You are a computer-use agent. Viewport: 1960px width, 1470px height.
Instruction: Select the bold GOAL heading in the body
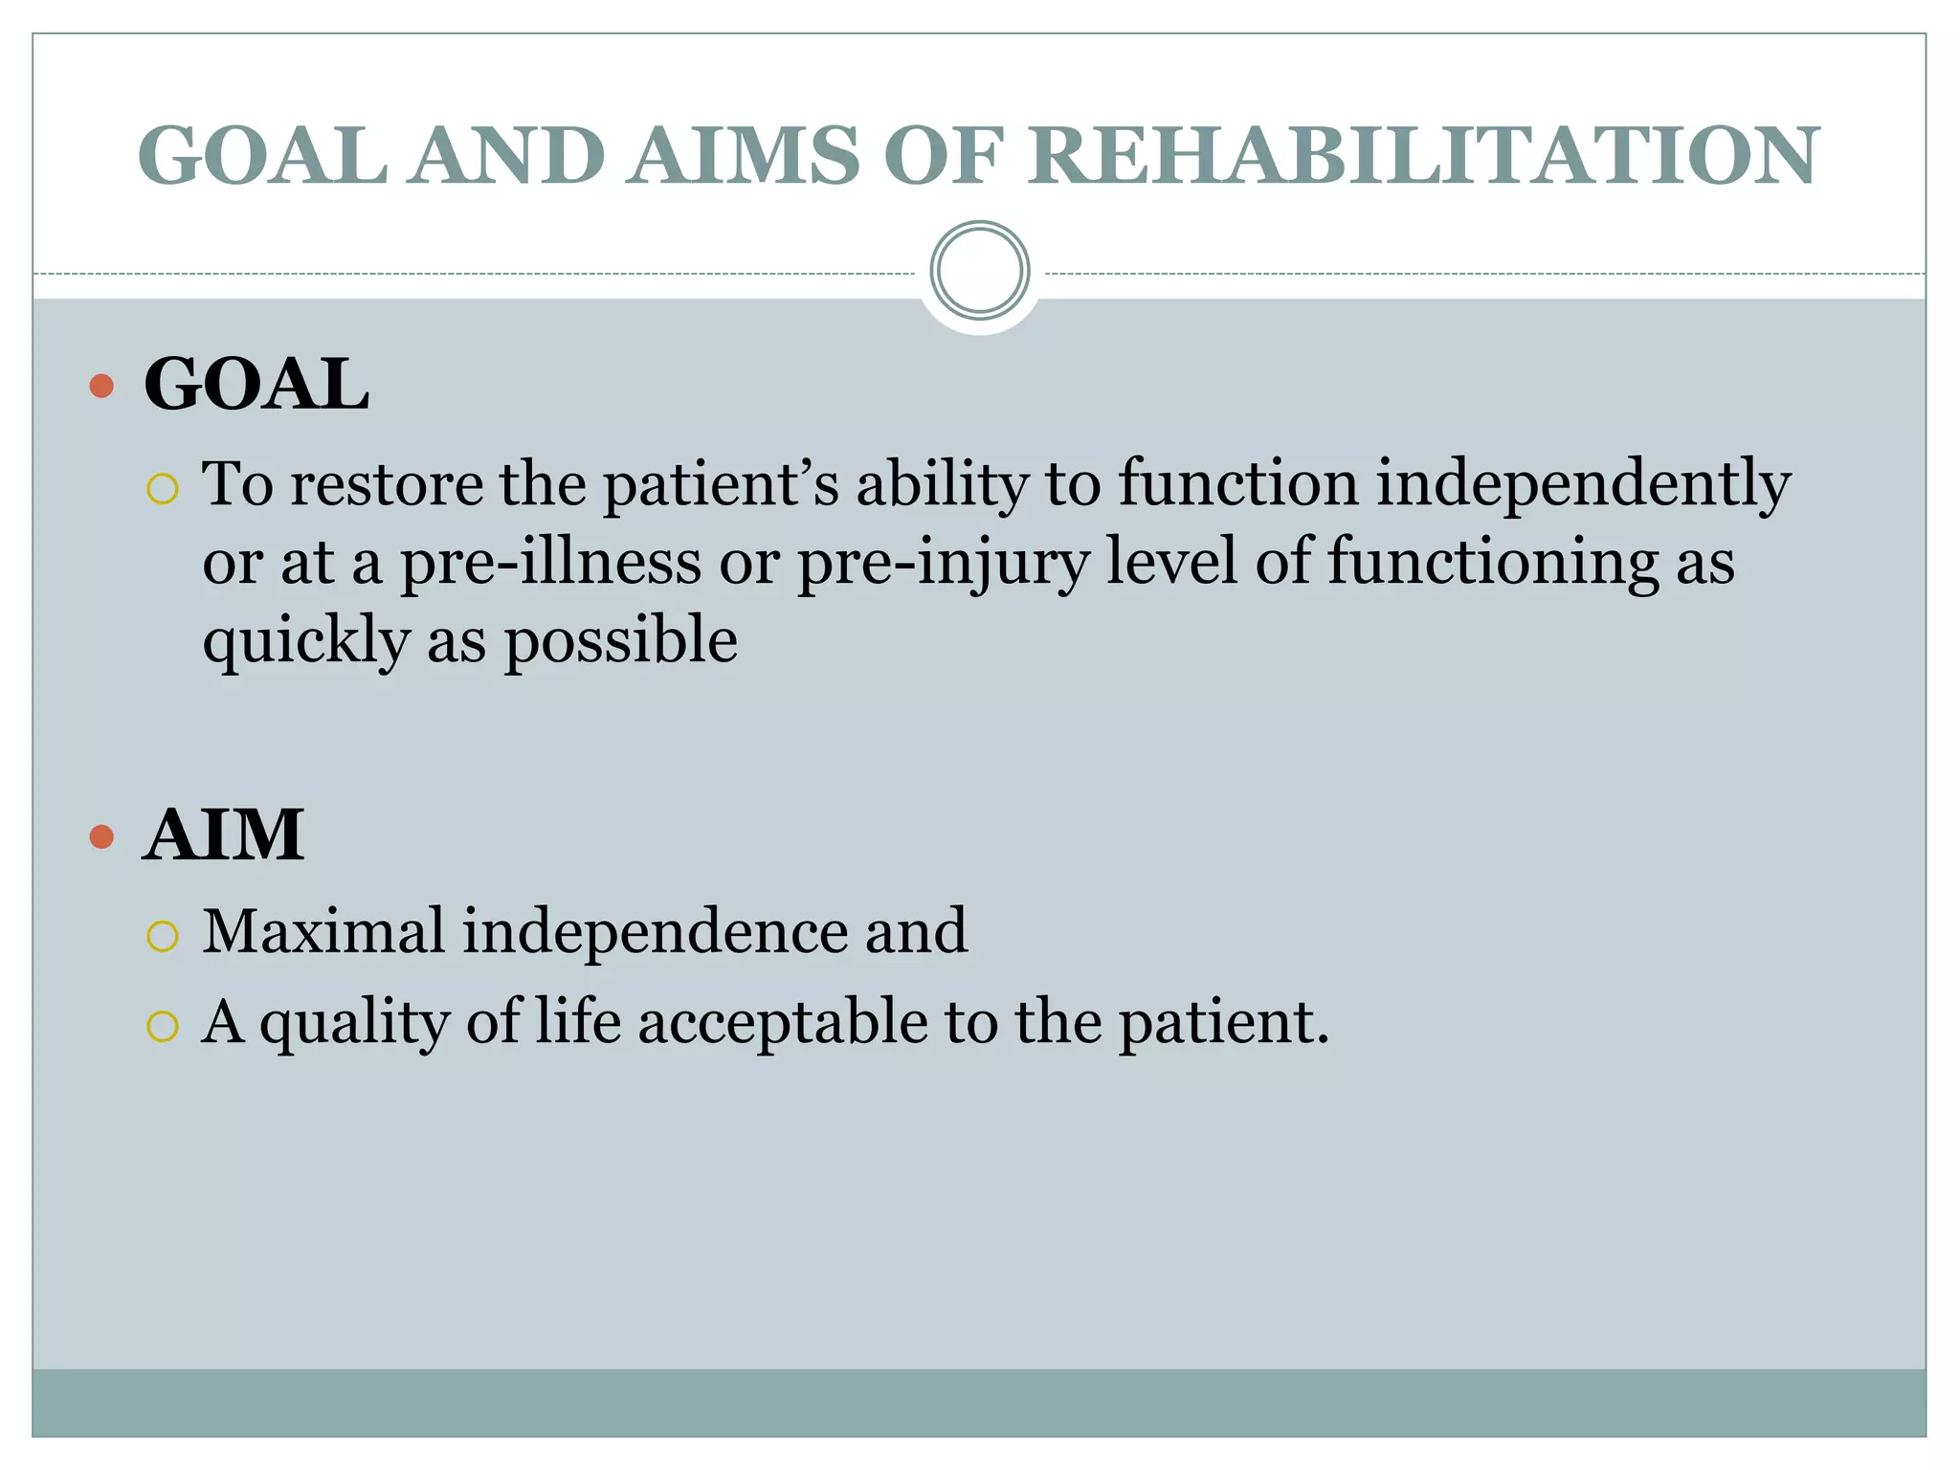tap(256, 385)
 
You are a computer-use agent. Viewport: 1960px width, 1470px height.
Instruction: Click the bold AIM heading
tap(223, 835)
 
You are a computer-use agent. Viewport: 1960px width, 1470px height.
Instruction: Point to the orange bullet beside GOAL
tap(101, 387)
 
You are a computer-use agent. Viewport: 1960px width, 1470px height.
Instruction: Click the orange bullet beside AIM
tap(101, 837)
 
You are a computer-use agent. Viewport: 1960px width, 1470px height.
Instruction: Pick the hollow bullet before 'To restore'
tap(163, 489)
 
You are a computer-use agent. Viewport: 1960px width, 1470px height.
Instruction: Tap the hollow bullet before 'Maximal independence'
tap(163, 936)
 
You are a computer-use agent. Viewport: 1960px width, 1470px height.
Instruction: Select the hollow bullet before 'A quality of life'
tap(163, 1027)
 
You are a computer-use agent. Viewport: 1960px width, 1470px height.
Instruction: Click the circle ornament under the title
tap(979, 271)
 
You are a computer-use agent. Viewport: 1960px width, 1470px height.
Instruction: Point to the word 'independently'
tap(1583, 484)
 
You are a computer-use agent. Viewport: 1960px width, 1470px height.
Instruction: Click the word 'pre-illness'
tap(550, 563)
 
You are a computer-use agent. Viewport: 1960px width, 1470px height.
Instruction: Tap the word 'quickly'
tap(305, 642)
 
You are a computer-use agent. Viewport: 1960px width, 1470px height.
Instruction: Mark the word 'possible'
tap(620, 640)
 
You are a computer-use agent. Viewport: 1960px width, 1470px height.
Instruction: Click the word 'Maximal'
tap(323, 931)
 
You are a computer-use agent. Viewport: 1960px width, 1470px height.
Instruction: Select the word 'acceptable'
tap(782, 1023)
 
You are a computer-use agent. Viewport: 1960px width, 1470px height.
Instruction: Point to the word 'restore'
tap(387, 484)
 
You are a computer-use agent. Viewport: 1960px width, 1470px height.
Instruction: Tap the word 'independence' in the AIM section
tap(655, 931)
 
